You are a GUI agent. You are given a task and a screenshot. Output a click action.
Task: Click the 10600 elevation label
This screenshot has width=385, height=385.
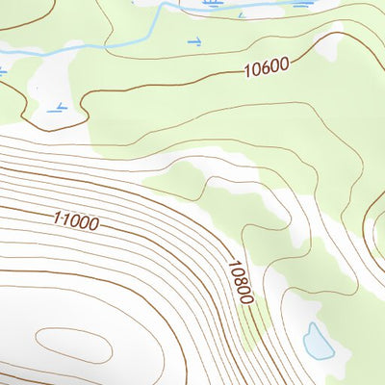coord(267,68)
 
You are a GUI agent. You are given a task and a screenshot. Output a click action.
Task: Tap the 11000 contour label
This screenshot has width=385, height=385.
coord(76,221)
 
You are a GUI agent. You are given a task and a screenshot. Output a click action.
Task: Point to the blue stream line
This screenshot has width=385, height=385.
coord(115,44)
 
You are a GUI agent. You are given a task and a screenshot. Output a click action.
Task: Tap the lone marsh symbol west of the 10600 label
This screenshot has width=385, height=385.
coord(194,41)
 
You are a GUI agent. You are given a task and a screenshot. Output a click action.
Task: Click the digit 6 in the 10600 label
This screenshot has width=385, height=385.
coord(266,68)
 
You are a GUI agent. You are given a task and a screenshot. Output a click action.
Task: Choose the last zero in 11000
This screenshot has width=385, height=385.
coord(93,225)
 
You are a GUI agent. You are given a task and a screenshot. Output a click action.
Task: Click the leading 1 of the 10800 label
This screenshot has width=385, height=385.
coord(232,264)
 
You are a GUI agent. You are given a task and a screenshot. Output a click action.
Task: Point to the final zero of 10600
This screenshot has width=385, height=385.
coord(285,65)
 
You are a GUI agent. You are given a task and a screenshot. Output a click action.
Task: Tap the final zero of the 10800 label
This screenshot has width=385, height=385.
coord(248,298)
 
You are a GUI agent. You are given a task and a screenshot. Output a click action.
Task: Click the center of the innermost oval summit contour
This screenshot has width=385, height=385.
coord(73,342)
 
